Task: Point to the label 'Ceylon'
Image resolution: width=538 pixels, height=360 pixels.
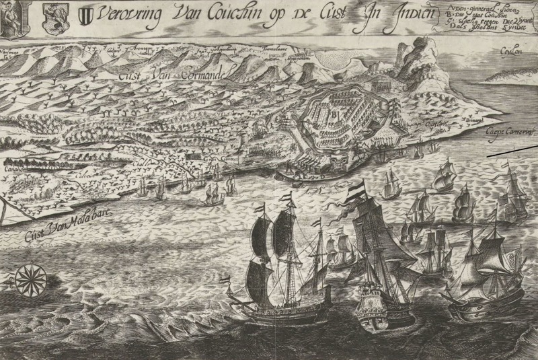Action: pos(511,50)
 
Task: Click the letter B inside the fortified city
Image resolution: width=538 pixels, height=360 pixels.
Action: pos(332,114)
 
